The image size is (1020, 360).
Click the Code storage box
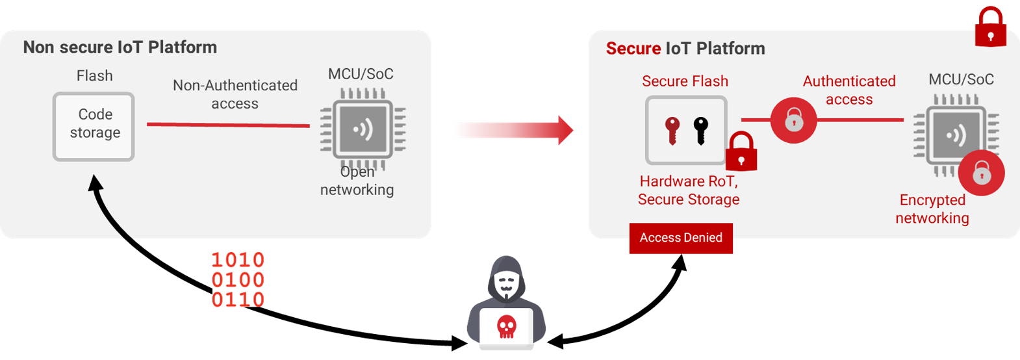point(94,127)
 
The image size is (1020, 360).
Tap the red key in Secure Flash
point(672,131)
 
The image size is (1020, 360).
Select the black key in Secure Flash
point(701,131)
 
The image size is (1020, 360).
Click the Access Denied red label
point(681,238)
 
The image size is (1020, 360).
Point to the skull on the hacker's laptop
point(506,326)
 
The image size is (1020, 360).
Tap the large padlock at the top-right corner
point(990,27)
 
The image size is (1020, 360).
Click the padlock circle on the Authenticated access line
point(794,120)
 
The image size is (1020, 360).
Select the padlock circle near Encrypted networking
point(981,173)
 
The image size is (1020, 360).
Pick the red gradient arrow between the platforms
point(515,130)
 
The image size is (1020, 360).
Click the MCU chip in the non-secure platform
point(363,129)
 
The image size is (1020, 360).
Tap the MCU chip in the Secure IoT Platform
point(956,135)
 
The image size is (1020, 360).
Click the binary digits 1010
point(238,260)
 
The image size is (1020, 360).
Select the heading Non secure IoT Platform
point(120,47)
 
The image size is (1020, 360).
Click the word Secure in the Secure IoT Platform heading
point(633,48)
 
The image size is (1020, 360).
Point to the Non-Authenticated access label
point(235,94)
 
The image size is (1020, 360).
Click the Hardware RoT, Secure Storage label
point(689,190)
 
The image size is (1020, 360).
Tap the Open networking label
point(357,181)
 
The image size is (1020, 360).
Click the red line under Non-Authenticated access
point(228,124)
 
